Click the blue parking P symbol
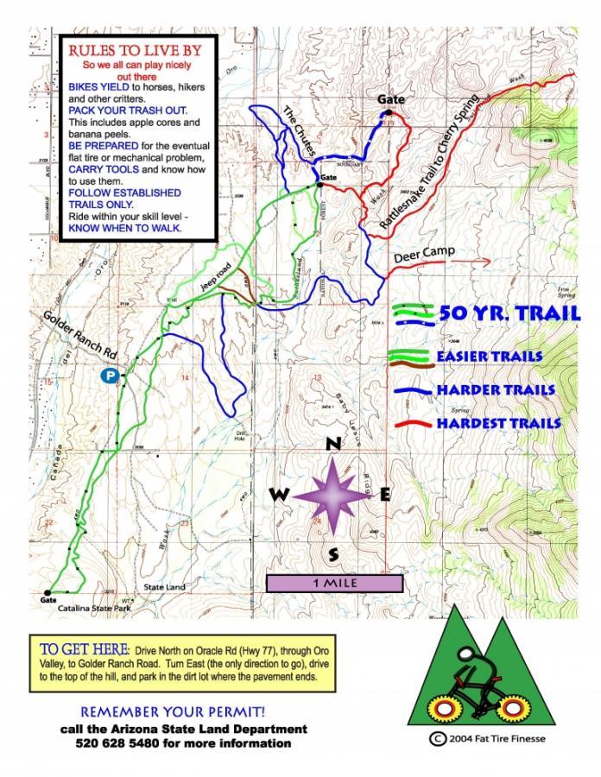pyautogui.click(x=109, y=376)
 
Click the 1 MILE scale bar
pyautogui.click(x=334, y=584)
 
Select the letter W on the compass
pyautogui.click(x=279, y=495)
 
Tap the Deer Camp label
pyautogui.click(x=423, y=258)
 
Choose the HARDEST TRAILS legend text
pyautogui.click(x=498, y=424)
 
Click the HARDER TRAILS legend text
pyautogui.click(x=495, y=390)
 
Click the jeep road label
pyautogui.click(x=221, y=275)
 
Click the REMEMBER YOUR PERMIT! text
pyautogui.click(x=173, y=712)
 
